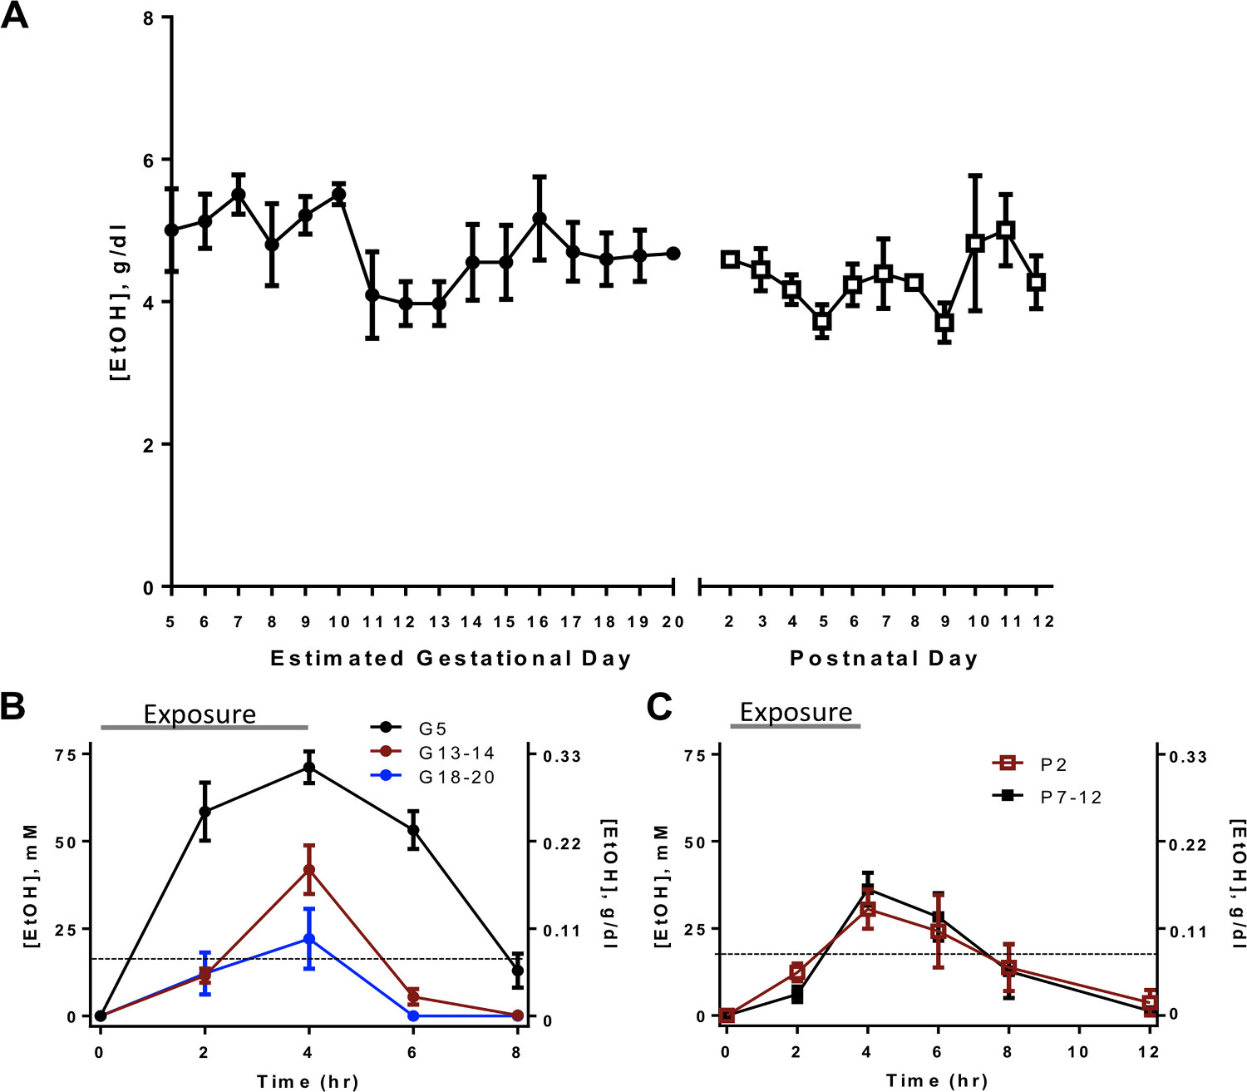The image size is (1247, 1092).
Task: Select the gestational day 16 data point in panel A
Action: [x=540, y=219]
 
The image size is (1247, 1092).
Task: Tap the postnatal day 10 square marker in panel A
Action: [x=975, y=244]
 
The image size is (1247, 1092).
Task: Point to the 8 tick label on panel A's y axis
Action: [x=150, y=17]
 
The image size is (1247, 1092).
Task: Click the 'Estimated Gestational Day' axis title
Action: [x=451, y=659]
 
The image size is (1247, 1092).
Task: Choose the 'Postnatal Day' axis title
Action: [x=884, y=659]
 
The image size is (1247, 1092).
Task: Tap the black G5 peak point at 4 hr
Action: [x=309, y=767]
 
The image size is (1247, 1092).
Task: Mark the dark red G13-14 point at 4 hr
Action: [x=309, y=870]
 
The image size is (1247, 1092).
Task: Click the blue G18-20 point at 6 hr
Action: [x=413, y=1015]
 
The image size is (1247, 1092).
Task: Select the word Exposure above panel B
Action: [x=200, y=714]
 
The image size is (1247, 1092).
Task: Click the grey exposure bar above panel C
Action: [x=796, y=726]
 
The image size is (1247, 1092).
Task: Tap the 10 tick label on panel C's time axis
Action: [x=1078, y=1051]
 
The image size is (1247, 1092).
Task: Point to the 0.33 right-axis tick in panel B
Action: [x=562, y=756]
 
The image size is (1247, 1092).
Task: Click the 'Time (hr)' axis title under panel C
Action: [x=937, y=1080]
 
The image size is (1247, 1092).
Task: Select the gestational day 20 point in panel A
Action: [x=673, y=254]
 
